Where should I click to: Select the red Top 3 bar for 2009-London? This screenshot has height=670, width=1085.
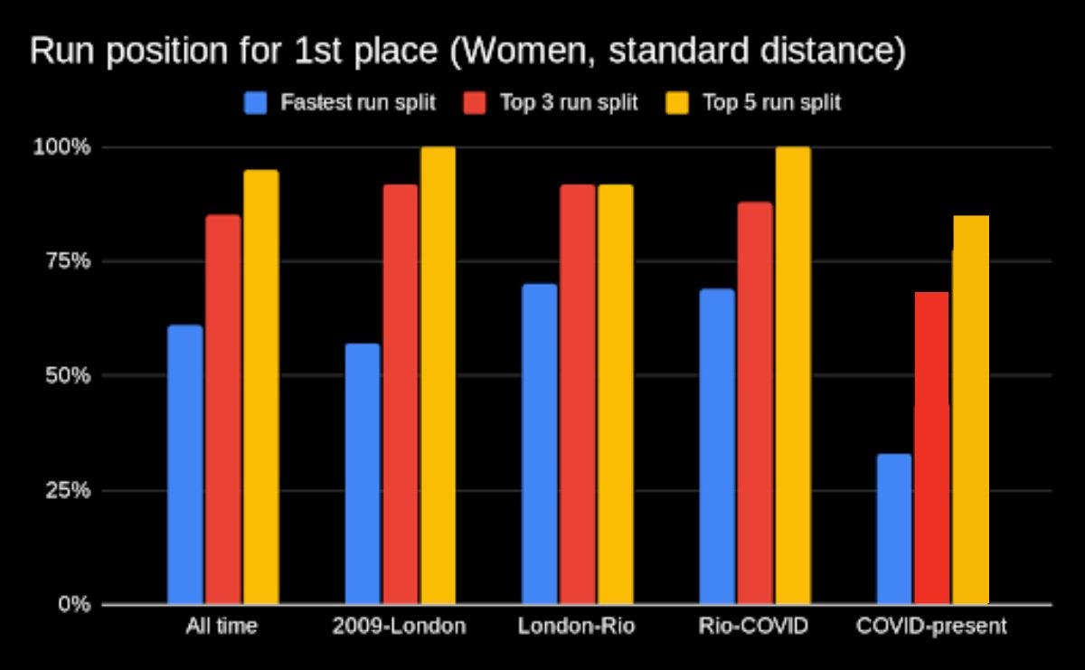[400, 393]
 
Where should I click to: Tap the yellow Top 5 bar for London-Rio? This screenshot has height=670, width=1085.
[615, 393]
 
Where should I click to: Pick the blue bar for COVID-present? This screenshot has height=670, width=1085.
[894, 528]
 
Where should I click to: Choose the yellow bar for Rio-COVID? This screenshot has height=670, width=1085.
[793, 375]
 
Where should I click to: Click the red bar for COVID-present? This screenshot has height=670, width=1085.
[931, 448]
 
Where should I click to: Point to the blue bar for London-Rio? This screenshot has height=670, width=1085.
[540, 443]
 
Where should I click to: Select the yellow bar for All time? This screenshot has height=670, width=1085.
[260, 387]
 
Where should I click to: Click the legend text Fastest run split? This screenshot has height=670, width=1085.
[358, 103]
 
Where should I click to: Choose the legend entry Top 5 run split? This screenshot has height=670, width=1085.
[771, 103]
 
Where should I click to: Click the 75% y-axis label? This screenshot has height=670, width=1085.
[67, 261]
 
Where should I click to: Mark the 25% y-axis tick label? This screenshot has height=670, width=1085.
[67, 490]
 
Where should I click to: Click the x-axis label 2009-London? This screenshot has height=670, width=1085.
[399, 627]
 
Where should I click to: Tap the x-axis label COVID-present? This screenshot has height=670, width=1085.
[930, 627]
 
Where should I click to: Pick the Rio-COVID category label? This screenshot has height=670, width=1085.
[753, 627]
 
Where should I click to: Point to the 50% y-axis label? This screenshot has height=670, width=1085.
[67, 375]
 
